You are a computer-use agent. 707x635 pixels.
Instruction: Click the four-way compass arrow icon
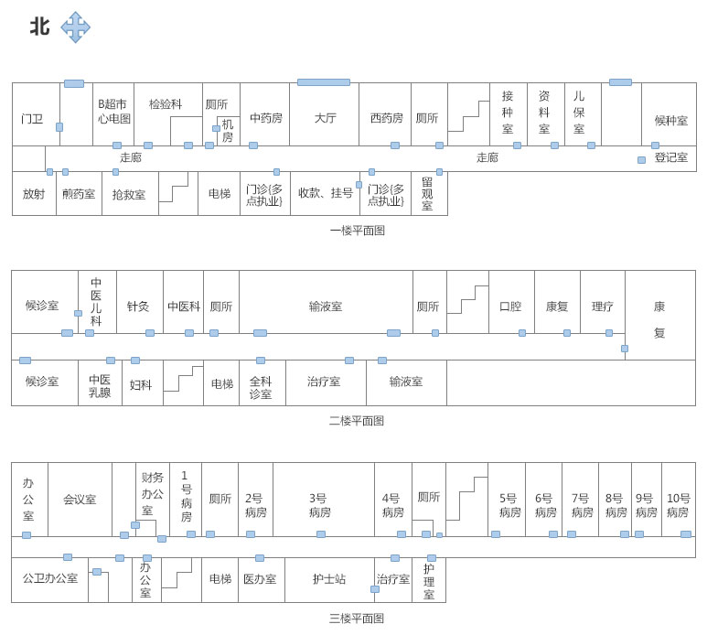pyautogui.click(x=75, y=27)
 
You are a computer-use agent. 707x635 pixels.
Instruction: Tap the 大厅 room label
pyautogui.click(x=325, y=118)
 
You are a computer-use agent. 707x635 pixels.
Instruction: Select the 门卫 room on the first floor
pyautogui.click(x=32, y=119)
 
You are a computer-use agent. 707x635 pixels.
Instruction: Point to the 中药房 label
pyautogui.click(x=266, y=118)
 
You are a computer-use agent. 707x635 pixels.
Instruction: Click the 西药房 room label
pyautogui.click(x=386, y=118)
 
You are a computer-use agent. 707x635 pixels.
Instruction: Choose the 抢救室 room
pyautogui.click(x=129, y=195)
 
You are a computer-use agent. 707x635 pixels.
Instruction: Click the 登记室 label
pyautogui.click(x=670, y=157)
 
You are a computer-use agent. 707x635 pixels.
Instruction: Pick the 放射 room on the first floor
pyautogui.click(x=33, y=194)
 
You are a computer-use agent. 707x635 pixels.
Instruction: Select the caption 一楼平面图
pyautogui.click(x=357, y=231)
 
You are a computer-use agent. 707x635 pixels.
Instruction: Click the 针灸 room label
pyautogui.click(x=138, y=307)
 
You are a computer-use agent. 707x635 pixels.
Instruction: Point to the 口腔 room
pyautogui.click(x=510, y=307)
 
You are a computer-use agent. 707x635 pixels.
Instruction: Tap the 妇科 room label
pyautogui.click(x=140, y=384)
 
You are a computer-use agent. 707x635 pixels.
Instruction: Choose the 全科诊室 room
pyautogui.click(x=261, y=388)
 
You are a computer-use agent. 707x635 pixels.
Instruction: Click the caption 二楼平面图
pyautogui.click(x=357, y=421)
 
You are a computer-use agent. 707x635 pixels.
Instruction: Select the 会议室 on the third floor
pyautogui.click(x=80, y=500)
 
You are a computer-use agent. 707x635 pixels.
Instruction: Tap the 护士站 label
pyautogui.click(x=328, y=579)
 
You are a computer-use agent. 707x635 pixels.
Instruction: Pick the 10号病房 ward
pyautogui.click(x=678, y=505)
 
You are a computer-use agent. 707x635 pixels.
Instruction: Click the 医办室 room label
pyautogui.click(x=260, y=579)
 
